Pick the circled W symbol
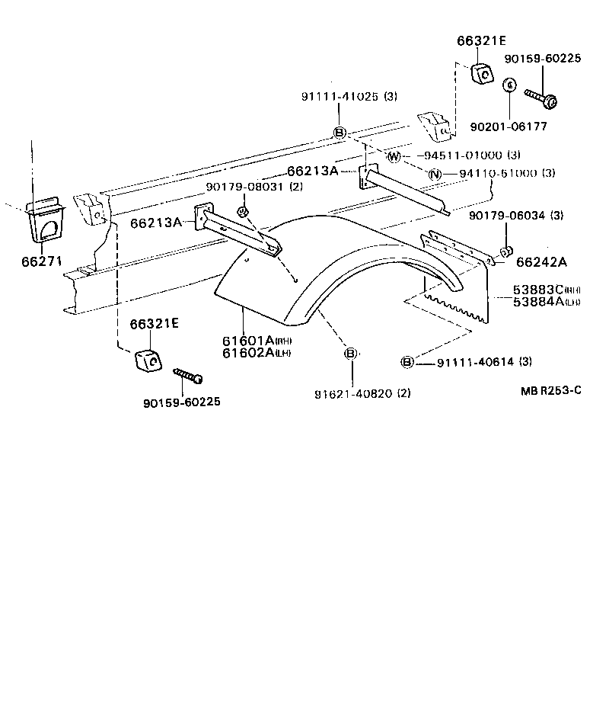394,156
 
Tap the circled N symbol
435,175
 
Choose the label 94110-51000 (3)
506,174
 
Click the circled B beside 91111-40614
407,361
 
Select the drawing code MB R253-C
551,390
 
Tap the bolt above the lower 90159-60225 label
188,375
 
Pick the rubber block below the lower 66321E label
148,357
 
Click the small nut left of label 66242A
505,252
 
